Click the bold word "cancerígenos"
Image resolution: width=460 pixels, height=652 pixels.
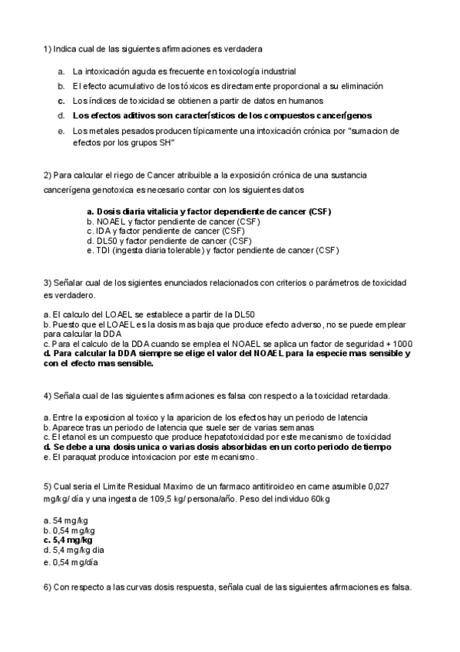344,115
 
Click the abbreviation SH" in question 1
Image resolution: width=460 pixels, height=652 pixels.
165,142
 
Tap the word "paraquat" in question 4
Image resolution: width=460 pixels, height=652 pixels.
74,457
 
